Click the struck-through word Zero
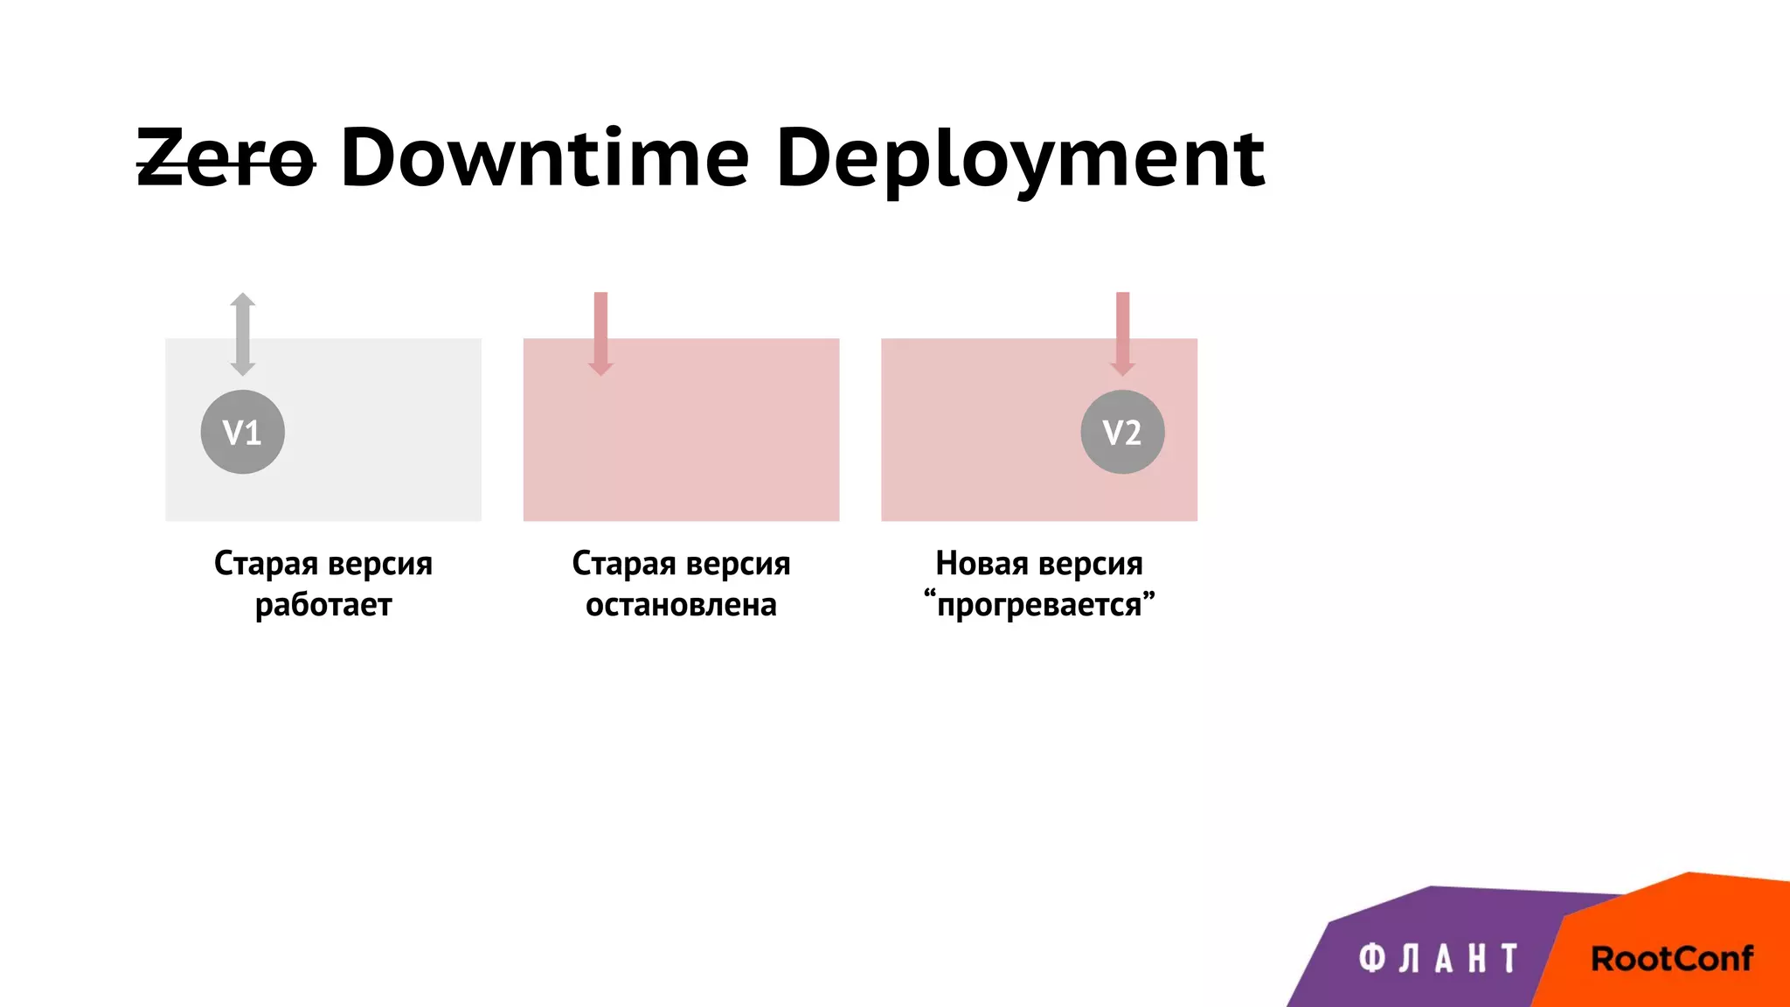pos(225,159)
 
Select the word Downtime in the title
pos(545,159)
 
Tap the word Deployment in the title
pos(1020,159)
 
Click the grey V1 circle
pos(242,432)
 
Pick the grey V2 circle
pos(1122,432)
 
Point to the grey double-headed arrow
pos(243,334)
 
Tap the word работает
pos(323,605)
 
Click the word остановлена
pos(681,605)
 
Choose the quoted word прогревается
pos(1039,605)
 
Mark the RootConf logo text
pos(1671,959)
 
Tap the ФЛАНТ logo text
pos(1438,959)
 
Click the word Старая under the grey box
pos(266,564)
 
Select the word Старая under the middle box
pos(624,564)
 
